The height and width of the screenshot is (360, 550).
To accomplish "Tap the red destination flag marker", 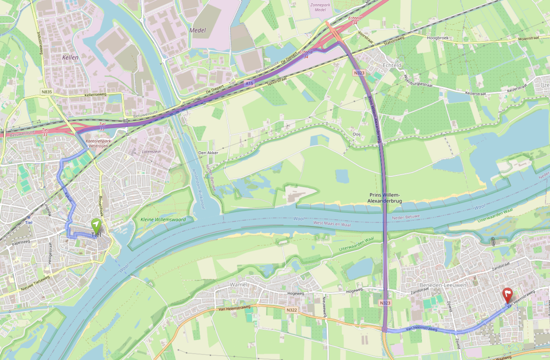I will pyautogui.click(x=507, y=295).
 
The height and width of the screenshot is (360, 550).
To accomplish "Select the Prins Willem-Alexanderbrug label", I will pyautogui.click(x=385, y=197).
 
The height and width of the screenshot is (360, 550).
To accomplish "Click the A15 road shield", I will pyautogui.click(x=248, y=84).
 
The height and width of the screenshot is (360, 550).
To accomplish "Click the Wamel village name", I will pyautogui.click(x=238, y=284).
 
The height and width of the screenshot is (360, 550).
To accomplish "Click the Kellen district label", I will pyautogui.click(x=71, y=58).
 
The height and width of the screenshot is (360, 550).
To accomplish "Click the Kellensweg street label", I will pyautogui.click(x=95, y=95).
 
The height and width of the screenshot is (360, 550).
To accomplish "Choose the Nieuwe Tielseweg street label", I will pyautogui.click(x=35, y=284).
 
